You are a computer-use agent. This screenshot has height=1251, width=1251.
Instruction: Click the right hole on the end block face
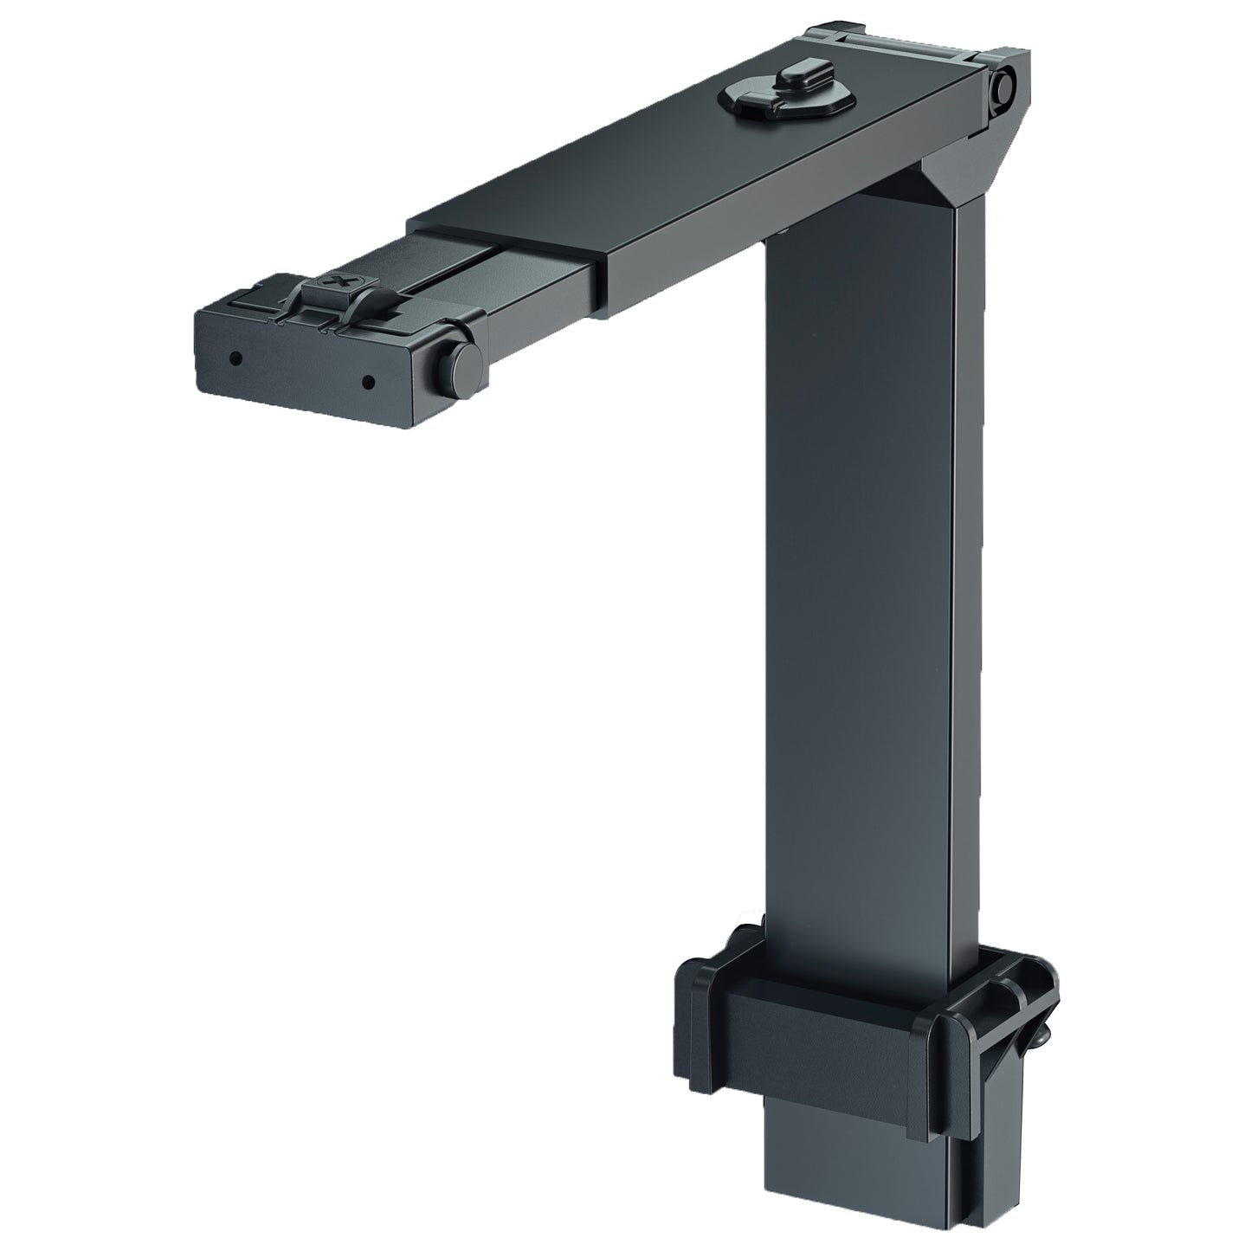[x=368, y=379]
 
